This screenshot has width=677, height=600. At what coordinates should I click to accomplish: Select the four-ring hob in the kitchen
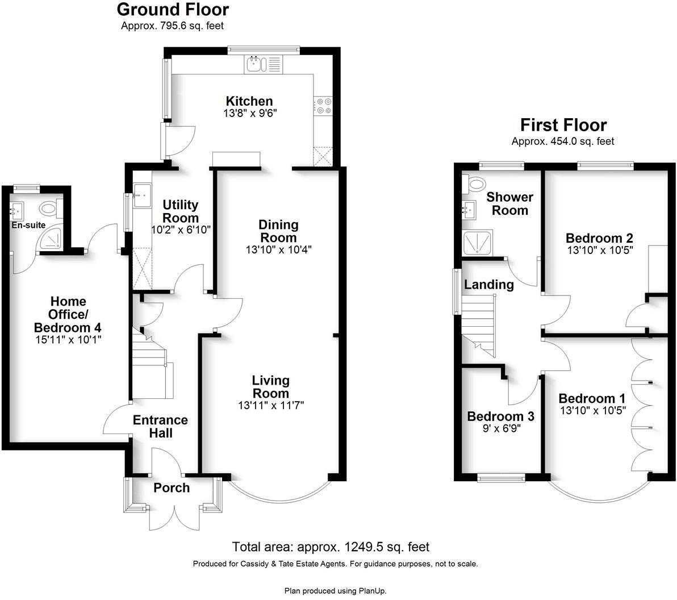pos(324,106)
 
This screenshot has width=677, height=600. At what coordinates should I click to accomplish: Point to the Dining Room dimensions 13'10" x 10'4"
pos(278,249)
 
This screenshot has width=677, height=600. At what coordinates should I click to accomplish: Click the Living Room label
pos(271,386)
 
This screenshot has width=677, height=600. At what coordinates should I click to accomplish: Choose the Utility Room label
pos(181,211)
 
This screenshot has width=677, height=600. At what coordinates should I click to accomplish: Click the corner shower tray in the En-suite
pos(49,241)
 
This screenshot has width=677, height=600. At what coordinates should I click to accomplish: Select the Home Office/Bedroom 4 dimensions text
pos(68,340)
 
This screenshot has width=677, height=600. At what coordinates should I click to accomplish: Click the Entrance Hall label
pos(160,426)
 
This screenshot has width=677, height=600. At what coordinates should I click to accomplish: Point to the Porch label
pos(172,488)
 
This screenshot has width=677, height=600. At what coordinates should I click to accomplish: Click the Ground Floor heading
pos(173,10)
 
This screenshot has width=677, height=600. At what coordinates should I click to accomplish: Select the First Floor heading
pos(563,125)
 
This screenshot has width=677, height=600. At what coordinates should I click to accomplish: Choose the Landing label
pos(489,284)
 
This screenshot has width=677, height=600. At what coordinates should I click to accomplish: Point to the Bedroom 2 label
pos(599,238)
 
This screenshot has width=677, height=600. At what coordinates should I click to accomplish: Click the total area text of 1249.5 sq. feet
pos(331,547)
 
